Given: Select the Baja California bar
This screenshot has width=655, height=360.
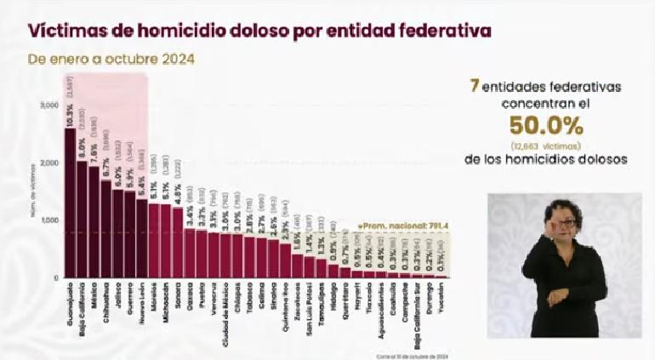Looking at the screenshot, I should coord(82,220).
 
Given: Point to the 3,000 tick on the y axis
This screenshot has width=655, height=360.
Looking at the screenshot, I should coord(48,106).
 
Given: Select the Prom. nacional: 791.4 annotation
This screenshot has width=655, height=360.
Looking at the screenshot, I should coord(390,226).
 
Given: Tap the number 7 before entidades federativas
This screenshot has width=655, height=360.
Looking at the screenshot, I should coord(473,86).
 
